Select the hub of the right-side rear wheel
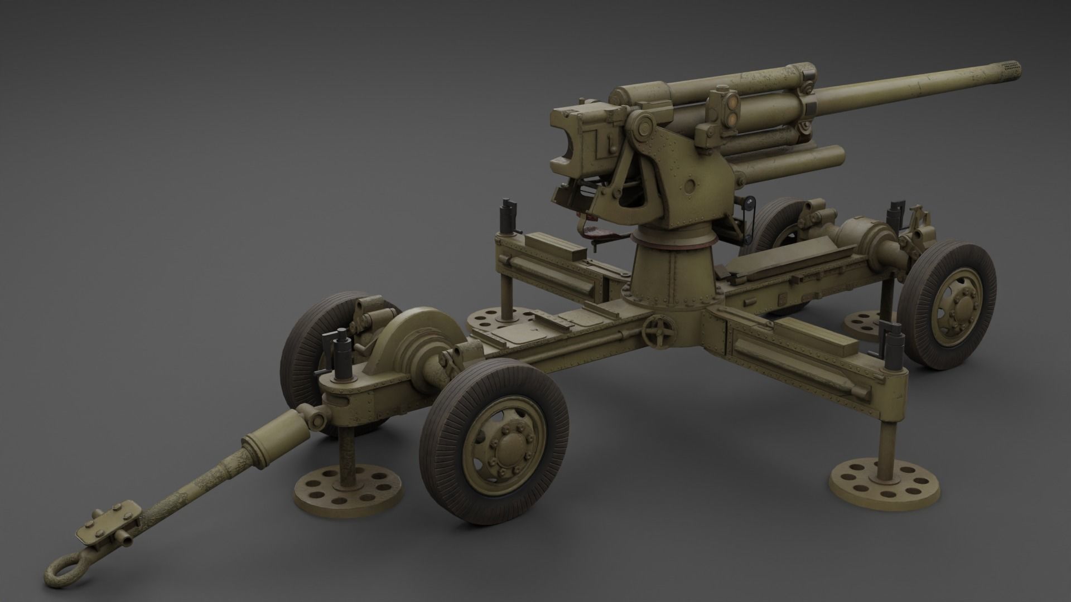956,305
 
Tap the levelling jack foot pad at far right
884,480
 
